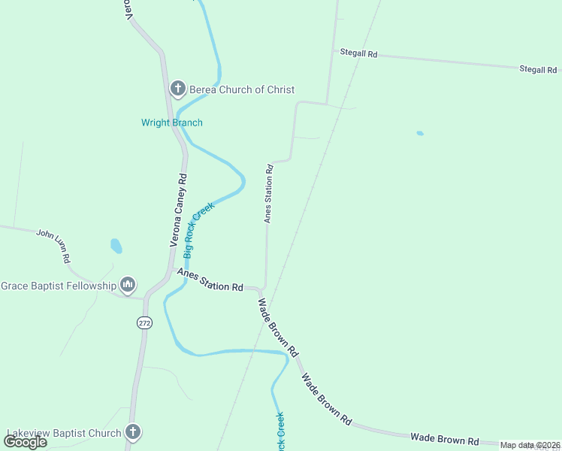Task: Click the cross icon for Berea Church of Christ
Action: (x=178, y=89)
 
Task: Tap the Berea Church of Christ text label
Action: (x=242, y=89)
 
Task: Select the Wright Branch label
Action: (x=172, y=123)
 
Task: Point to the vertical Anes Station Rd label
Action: (x=268, y=194)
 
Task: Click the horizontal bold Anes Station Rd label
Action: (x=211, y=281)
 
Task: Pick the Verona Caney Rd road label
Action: (x=178, y=211)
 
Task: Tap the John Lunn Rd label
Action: (x=54, y=245)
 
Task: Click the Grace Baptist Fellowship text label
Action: (x=59, y=286)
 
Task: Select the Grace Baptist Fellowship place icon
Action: (x=128, y=285)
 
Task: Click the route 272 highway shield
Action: (x=144, y=322)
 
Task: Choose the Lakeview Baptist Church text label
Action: (x=64, y=433)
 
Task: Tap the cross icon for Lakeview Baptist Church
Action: (x=132, y=431)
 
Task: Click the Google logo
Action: (x=26, y=442)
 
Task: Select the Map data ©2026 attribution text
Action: (x=530, y=445)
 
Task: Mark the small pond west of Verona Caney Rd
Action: (x=116, y=246)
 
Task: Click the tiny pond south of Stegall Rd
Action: (x=420, y=134)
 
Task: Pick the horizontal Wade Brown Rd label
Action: (x=445, y=437)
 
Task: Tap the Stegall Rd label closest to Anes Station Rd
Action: (x=358, y=54)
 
